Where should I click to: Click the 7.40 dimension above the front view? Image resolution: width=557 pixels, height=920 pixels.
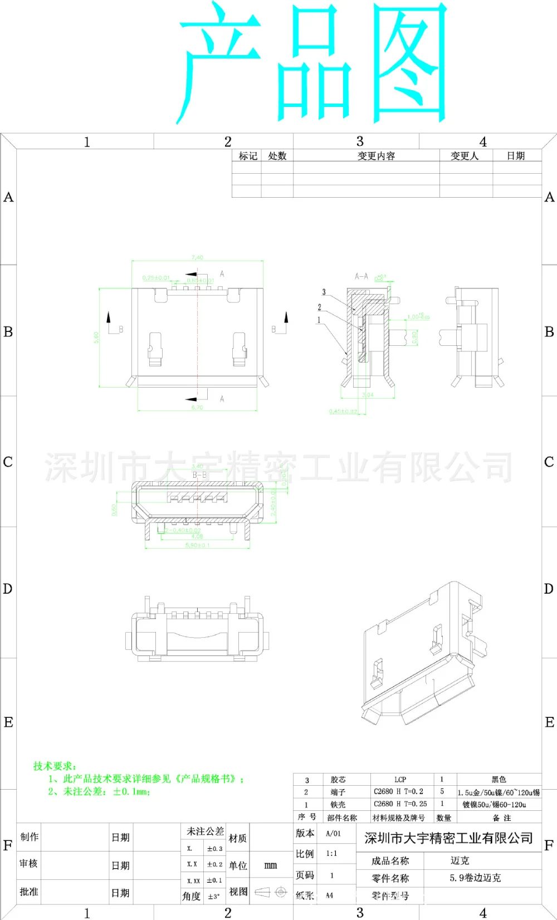click(197, 258)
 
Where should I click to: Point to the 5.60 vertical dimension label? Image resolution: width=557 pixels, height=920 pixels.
click(96, 337)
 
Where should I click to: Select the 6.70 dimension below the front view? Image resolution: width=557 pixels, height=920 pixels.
click(197, 408)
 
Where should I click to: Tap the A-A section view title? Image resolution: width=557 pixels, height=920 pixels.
click(361, 276)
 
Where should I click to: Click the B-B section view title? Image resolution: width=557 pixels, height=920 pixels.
click(199, 475)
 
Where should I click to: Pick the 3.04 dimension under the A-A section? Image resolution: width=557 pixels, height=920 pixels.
click(368, 395)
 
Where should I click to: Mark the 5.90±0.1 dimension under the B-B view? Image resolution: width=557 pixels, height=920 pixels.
click(197, 545)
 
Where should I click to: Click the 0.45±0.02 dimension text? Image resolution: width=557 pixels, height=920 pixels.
click(343, 412)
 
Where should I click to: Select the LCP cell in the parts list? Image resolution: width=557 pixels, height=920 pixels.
click(400, 780)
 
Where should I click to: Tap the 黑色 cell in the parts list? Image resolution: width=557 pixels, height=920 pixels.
click(499, 780)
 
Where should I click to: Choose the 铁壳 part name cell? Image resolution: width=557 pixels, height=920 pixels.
click(338, 805)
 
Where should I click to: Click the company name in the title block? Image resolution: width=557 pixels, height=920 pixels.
click(448, 838)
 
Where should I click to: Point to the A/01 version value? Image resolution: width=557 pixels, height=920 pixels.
click(333, 834)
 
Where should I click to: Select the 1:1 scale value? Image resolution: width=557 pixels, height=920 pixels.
click(331, 854)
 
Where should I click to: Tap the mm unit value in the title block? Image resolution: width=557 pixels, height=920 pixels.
click(270, 865)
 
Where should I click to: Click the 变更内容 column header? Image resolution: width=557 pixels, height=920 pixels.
click(376, 156)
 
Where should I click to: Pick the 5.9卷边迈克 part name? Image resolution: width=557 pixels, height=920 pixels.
click(475, 878)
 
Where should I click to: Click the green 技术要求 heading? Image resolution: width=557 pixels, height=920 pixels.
click(55, 766)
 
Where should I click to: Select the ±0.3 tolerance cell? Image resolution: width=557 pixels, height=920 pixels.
click(214, 849)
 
